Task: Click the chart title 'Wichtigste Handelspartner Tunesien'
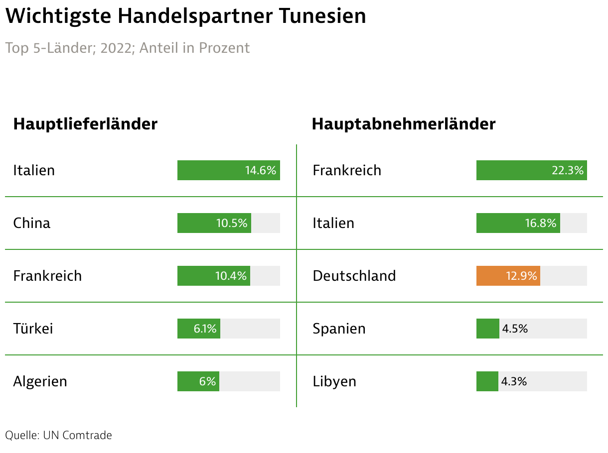(185, 16)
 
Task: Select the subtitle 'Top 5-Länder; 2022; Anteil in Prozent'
(128, 48)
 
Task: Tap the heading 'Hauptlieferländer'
(85, 124)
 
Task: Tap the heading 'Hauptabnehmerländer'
(403, 124)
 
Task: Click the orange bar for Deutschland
(508, 276)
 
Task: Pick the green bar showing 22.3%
(531, 170)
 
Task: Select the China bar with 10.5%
(214, 223)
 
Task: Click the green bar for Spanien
(487, 329)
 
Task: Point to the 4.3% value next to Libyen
(514, 381)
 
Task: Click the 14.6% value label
(260, 170)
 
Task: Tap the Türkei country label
(33, 329)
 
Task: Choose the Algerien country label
(40, 381)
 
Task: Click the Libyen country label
(334, 381)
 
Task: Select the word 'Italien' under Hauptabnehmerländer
(333, 223)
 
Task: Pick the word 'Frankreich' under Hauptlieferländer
(47, 276)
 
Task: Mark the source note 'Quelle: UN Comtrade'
(58, 435)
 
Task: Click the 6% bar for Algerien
(198, 381)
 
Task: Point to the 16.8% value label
(540, 223)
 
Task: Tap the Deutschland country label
(354, 276)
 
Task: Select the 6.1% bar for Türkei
(198, 329)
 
